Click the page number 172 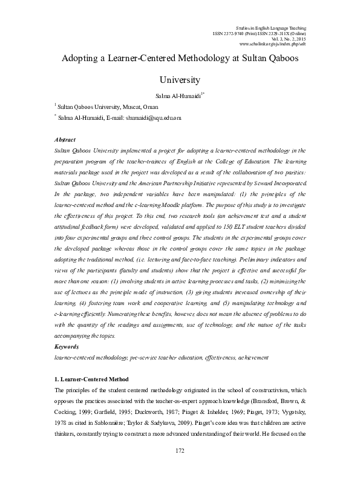(x=180, y=468)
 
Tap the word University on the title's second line (x=180, y=79)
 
